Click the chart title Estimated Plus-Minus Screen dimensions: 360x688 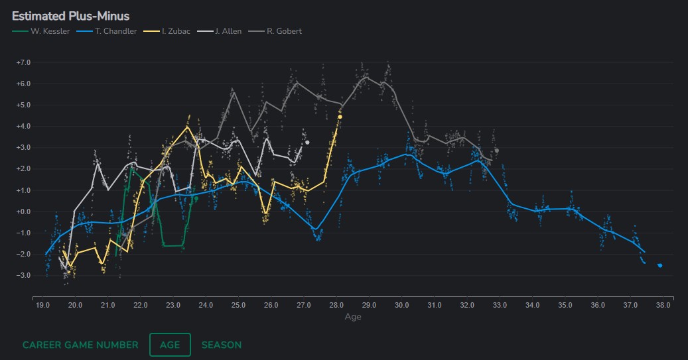click(x=70, y=16)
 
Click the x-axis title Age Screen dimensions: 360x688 click(x=353, y=317)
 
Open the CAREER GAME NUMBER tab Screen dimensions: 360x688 click(x=80, y=345)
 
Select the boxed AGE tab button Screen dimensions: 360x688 click(x=170, y=345)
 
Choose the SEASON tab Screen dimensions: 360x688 click(x=222, y=345)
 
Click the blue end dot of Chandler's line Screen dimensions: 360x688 click(x=659, y=265)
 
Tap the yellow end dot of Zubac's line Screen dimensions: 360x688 click(x=340, y=117)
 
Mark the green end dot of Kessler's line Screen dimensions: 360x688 click(x=196, y=198)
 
